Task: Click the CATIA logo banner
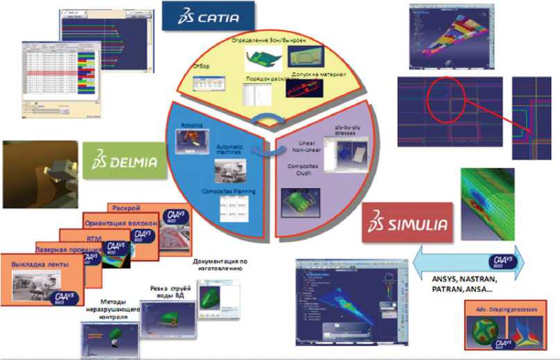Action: [x=208, y=15]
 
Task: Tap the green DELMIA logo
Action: [x=123, y=162]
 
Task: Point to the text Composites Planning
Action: [x=229, y=191]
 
